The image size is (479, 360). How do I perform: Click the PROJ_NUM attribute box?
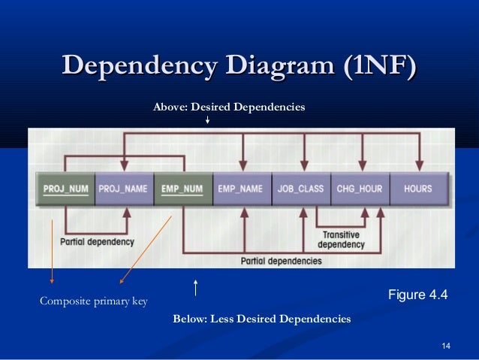pos(65,189)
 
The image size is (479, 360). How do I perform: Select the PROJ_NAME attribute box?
pos(122,189)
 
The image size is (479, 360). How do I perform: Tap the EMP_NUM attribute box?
pos(182,189)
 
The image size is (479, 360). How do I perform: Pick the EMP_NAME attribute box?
pos(240,189)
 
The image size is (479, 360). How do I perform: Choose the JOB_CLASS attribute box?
pos(300,189)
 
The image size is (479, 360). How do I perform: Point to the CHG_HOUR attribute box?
pos(360,189)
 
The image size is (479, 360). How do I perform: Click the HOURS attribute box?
pos(418,189)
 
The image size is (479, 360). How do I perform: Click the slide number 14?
pos(447,346)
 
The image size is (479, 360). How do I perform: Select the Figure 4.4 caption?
pos(417,295)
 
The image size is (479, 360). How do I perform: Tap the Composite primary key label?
pos(93,302)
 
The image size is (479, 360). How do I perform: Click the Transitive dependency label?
pos(341,240)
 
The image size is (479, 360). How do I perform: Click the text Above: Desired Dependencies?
pos(229,107)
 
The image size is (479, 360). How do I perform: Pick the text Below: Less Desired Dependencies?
pos(261,319)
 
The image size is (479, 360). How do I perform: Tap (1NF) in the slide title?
pos(378,67)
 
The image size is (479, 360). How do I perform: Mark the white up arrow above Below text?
pos(195,287)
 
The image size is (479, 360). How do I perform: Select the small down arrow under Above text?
pos(207,120)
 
